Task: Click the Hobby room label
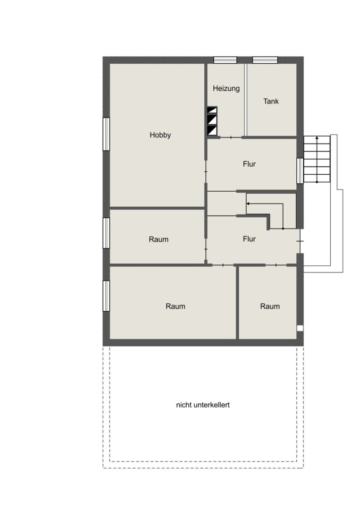[x=160, y=135]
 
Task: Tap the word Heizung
[x=226, y=88]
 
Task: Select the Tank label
[x=271, y=102]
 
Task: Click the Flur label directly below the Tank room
[x=249, y=164]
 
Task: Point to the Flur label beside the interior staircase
[x=249, y=239]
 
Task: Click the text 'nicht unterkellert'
[x=203, y=405]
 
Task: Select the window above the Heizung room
[x=225, y=60]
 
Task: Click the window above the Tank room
[x=265, y=60]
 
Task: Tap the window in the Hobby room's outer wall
[x=106, y=134]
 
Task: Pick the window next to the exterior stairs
[x=300, y=171]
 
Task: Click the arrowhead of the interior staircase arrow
[x=248, y=204]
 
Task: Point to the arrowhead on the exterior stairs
[x=317, y=138]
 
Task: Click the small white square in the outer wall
[x=300, y=329]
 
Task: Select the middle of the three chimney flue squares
[x=212, y=120]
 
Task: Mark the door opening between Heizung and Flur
[x=231, y=137]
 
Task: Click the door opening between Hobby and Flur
[x=206, y=171]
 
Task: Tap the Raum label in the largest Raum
[x=176, y=306]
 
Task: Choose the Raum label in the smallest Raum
[x=270, y=306]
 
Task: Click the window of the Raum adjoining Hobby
[x=106, y=233]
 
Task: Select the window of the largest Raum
[x=106, y=296]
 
